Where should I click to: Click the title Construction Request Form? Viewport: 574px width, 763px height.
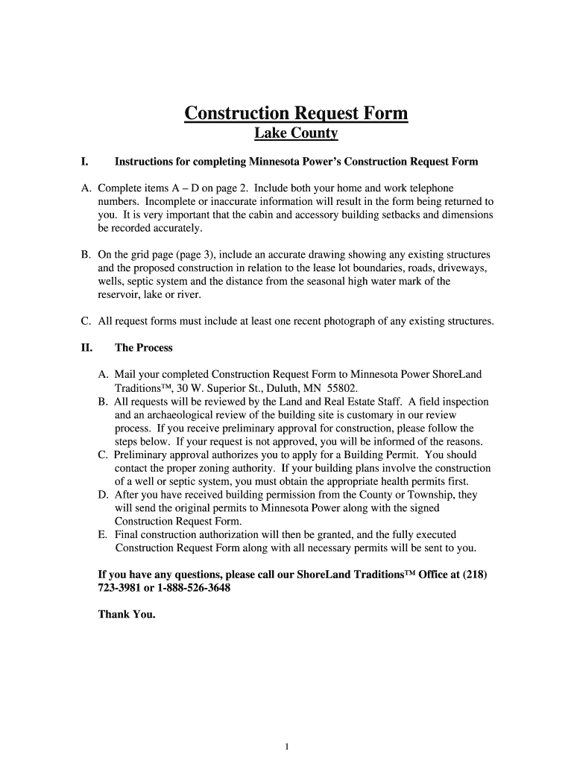pos(296,113)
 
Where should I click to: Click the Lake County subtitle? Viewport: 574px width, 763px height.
pos(296,134)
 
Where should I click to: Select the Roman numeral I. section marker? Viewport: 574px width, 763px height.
pos(85,162)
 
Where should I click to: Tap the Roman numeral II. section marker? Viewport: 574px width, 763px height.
pos(86,348)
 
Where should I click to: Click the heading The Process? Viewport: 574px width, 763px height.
pos(144,348)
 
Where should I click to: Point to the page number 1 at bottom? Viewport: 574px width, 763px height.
pos(287,726)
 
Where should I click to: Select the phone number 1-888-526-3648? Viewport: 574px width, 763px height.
pos(187,588)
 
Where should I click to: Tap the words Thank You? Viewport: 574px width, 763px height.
pos(127,615)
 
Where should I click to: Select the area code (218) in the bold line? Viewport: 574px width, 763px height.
pos(476,574)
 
